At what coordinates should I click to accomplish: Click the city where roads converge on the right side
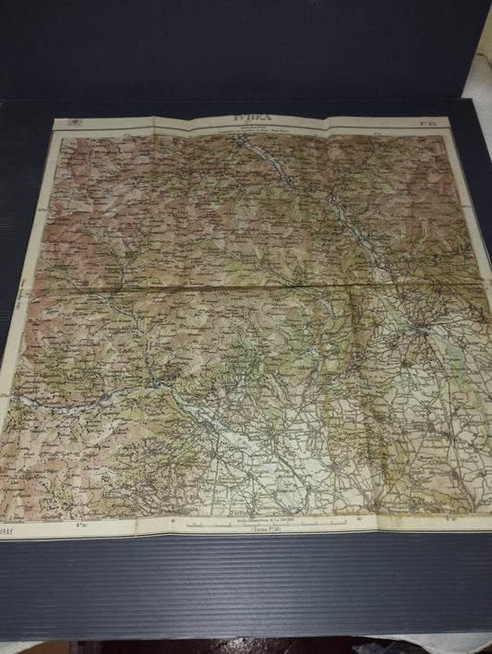coord(424,328)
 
